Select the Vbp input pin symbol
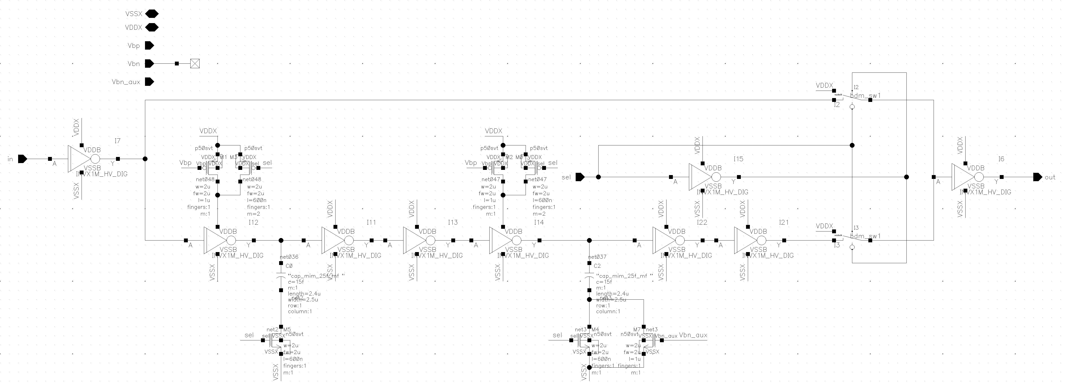click(149, 46)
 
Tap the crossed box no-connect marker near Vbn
click(195, 64)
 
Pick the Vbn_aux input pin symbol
click(149, 82)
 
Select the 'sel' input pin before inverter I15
click(580, 177)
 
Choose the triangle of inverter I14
click(500, 241)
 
